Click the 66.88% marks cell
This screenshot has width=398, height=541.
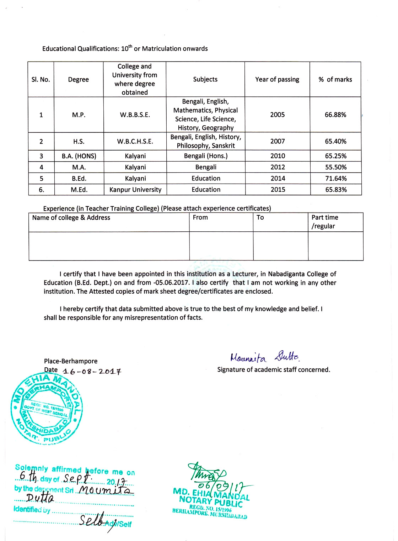(x=335, y=115)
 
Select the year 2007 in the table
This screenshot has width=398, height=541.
(x=277, y=141)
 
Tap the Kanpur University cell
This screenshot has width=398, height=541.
(x=135, y=190)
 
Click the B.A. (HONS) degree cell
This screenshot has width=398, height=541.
(x=79, y=156)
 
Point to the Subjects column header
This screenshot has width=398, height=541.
(x=205, y=79)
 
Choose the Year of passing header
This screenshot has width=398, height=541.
(x=277, y=79)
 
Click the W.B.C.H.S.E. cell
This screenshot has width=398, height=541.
(x=135, y=141)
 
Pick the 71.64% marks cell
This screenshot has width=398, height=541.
(x=336, y=178)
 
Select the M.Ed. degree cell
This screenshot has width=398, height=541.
(x=79, y=190)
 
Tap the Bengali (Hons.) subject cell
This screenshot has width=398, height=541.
(x=206, y=156)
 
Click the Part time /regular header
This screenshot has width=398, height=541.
(x=324, y=222)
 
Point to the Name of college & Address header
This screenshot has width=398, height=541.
(x=71, y=217)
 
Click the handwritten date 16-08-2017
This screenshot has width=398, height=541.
(x=92, y=372)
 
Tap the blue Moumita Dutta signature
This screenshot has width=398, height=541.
(x=265, y=357)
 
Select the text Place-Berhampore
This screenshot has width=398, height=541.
(x=70, y=361)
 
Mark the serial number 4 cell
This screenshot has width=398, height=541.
(x=41, y=167)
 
